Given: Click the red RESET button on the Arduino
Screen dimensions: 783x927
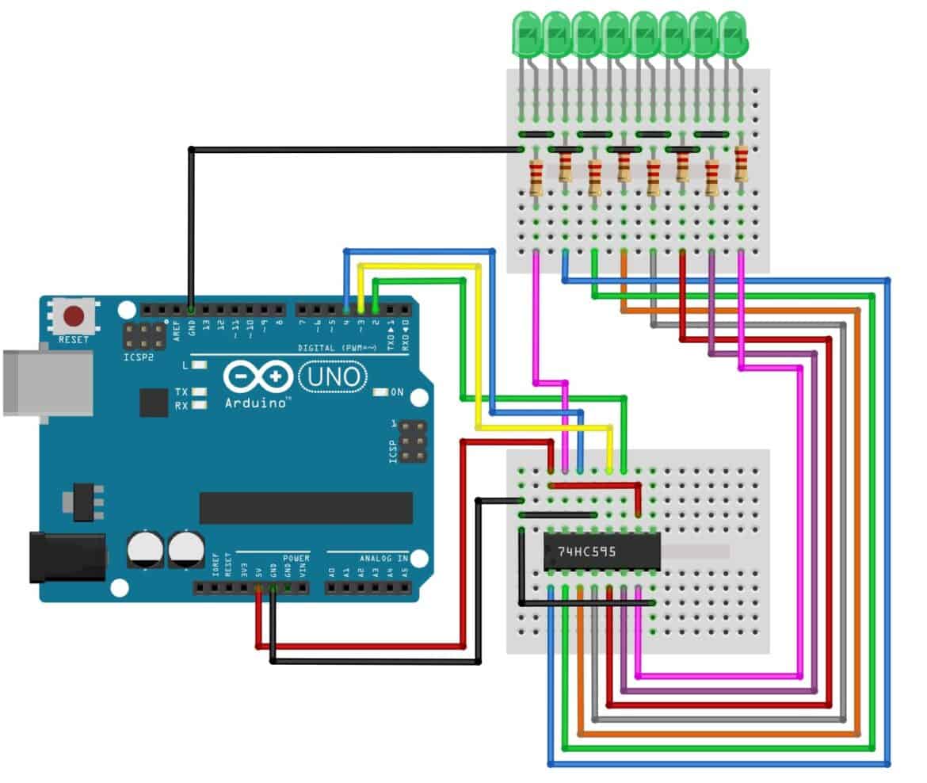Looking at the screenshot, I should pyautogui.click(x=74, y=317).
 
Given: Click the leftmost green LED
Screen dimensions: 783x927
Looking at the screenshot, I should pyautogui.click(x=526, y=34).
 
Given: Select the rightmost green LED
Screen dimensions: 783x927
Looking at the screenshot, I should pyautogui.click(x=734, y=34).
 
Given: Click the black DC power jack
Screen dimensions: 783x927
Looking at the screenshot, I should pyautogui.click(x=67, y=557).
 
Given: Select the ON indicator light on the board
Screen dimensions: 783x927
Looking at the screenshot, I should pyautogui.click(x=380, y=392).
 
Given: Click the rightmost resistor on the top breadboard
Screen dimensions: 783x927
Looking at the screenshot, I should pyautogui.click(x=741, y=164).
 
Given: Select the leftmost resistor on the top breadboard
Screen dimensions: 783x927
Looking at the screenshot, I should pyautogui.click(x=536, y=178).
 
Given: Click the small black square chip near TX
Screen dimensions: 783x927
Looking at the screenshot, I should pyautogui.click(x=154, y=403).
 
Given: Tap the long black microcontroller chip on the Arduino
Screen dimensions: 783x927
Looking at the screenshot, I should pyautogui.click(x=306, y=508).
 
